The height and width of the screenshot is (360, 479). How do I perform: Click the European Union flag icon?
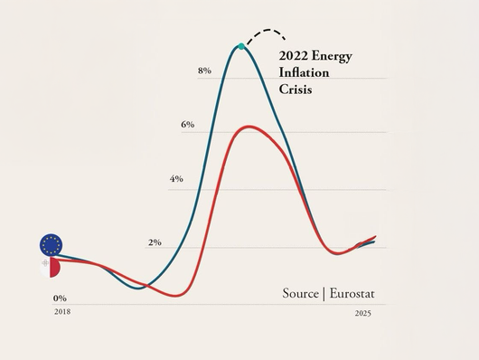[52, 243]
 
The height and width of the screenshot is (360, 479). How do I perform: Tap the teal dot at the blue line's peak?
[240, 45]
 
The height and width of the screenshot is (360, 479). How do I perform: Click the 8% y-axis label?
[204, 71]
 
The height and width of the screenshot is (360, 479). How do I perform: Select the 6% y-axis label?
[187, 124]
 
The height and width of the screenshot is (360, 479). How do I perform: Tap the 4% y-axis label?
[175, 179]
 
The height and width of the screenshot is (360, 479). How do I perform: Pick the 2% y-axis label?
[155, 242]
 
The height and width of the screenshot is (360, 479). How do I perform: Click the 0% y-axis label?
[60, 298]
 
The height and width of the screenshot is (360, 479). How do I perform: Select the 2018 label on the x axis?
[61, 311]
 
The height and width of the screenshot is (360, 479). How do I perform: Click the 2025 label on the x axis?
[362, 313]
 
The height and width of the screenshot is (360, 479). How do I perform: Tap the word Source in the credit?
[300, 293]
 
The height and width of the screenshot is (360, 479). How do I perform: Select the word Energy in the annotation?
[332, 57]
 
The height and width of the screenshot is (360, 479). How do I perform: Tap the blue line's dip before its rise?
[136, 289]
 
